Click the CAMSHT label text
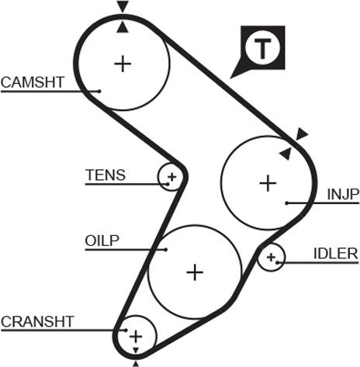pyautogui.click(x=33, y=82)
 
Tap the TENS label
pyautogui.click(x=106, y=175)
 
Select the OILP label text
pyautogui.click(x=102, y=241)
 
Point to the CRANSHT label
pyautogui.click(x=37, y=322)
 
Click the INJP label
pyautogui.click(x=343, y=195)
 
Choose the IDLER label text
pyautogui.click(x=336, y=254)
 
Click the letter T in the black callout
pyautogui.click(x=263, y=48)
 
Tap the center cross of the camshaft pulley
pyautogui.click(x=123, y=64)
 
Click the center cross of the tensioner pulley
pyautogui.click(x=171, y=177)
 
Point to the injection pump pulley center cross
pyautogui.click(x=268, y=183)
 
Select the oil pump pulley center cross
pyautogui.click(x=195, y=272)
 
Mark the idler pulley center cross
pyautogui.click(x=271, y=258)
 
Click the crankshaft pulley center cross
pyautogui.click(x=136, y=337)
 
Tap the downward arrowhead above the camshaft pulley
pyautogui.click(x=123, y=6)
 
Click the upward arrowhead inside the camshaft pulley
pyautogui.click(x=123, y=27)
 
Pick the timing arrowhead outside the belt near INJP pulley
pyautogui.click(x=302, y=133)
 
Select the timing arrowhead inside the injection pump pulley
pyautogui.click(x=286, y=154)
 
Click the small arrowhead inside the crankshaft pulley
pyautogui.click(x=136, y=351)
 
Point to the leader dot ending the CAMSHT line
pyautogui.click(x=99, y=91)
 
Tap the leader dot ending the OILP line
pyautogui.click(x=166, y=250)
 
